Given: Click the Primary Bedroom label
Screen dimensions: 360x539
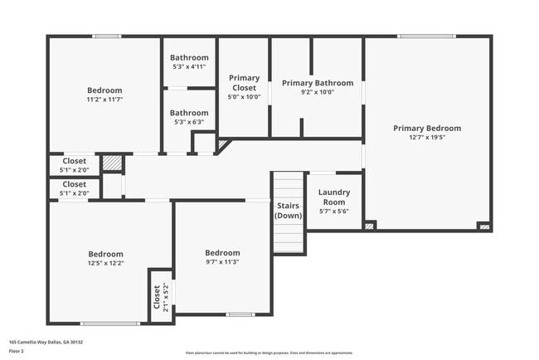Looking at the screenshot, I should (x=427, y=129).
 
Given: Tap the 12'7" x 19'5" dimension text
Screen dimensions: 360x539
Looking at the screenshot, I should (x=427, y=138).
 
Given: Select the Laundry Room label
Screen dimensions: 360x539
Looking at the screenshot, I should (x=334, y=197).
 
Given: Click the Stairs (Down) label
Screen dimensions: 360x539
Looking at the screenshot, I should (x=289, y=210).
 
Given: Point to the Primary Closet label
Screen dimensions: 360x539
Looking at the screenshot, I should (x=244, y=82).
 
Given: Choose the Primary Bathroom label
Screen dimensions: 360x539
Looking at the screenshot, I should (x=318, y=83).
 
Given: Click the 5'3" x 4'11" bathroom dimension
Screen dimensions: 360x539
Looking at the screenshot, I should (x=189, y=66).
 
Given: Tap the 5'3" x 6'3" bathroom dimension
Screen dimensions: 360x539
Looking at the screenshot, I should (x=189, y=122).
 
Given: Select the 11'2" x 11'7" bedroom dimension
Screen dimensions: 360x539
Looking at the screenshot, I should (x=105, y=100).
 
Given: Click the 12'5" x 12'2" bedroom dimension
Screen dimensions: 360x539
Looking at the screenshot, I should (x=106, y=264).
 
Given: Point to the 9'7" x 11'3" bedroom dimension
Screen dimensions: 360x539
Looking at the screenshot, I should (x=222, y=262).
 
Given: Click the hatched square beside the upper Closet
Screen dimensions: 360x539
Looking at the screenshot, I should (x=112, y=163).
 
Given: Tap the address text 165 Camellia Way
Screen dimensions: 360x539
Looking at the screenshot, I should (x=46, y=342).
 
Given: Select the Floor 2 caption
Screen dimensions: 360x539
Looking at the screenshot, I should (x=17, y=351).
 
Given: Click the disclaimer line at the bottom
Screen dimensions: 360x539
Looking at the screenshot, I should (x=269, y=353).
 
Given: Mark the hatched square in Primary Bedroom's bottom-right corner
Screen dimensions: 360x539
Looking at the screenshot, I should (x=484, y=226).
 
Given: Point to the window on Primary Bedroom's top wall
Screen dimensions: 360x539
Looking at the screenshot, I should (x=426, y=36).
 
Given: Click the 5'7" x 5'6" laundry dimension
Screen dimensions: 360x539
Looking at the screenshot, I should (x=334, y=212).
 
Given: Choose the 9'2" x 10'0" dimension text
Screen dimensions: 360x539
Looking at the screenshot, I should (x=318, y=92).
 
